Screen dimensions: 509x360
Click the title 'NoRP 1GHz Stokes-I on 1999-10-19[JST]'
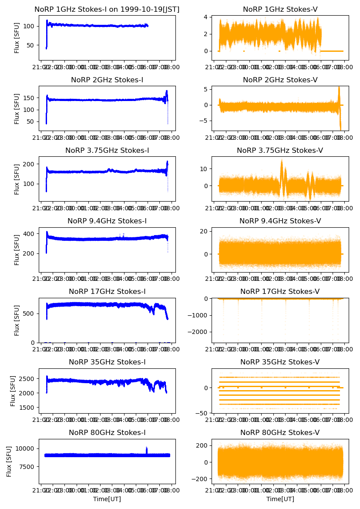107,9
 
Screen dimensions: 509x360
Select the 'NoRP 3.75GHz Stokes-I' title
107,150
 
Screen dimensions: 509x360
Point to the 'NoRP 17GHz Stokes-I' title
107,291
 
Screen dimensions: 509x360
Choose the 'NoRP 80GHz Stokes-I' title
107,432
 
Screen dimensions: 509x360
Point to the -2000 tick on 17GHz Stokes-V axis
201,332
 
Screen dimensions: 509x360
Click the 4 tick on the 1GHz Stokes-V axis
208,17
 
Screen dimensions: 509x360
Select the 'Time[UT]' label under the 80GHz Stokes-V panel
280,499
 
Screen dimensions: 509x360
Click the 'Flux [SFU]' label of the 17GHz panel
17,320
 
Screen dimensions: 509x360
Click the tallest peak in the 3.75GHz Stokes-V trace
282,161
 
